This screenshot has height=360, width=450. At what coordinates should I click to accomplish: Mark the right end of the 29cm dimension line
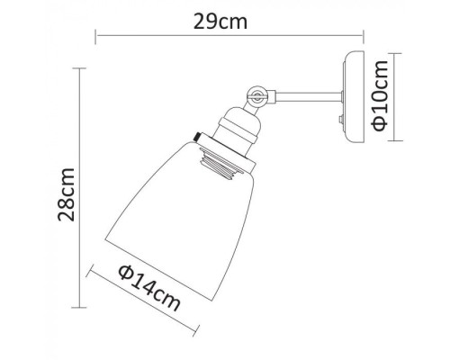364,37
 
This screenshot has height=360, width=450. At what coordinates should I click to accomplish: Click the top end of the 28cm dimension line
83,73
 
